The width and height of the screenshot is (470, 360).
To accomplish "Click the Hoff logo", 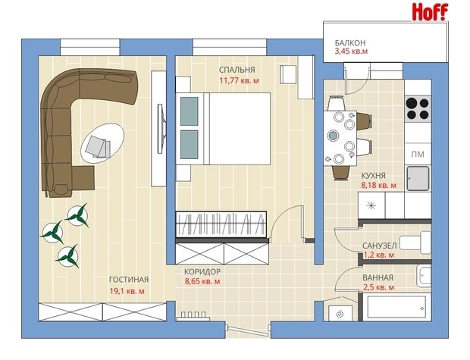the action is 430,12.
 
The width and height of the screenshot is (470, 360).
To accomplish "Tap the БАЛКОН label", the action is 350,43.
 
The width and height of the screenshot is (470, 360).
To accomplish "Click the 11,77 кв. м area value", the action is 240,80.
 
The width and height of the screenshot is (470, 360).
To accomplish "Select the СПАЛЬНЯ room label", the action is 237,70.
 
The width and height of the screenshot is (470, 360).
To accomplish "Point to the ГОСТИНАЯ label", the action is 129,280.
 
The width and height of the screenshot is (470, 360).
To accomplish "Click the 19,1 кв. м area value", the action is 127,291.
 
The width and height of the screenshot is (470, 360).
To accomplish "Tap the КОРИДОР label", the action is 202,271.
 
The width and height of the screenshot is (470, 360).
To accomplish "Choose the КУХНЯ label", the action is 374,175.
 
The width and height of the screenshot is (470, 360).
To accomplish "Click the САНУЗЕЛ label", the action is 380,246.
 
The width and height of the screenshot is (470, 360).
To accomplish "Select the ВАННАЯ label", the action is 378,277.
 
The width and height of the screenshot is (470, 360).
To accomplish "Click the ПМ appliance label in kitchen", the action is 418,155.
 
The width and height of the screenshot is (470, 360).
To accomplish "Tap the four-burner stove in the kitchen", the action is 418,109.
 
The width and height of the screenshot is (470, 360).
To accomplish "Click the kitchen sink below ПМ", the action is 418,179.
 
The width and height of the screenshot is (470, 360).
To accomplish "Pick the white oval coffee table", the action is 102,142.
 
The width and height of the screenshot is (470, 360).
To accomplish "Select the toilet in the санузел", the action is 415,242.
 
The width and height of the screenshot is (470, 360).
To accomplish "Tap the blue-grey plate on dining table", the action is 333,136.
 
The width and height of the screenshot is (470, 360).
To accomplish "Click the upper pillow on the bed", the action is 190,111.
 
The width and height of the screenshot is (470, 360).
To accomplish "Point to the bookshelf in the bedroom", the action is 221,224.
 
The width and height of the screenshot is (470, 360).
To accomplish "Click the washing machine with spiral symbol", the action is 340,314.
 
